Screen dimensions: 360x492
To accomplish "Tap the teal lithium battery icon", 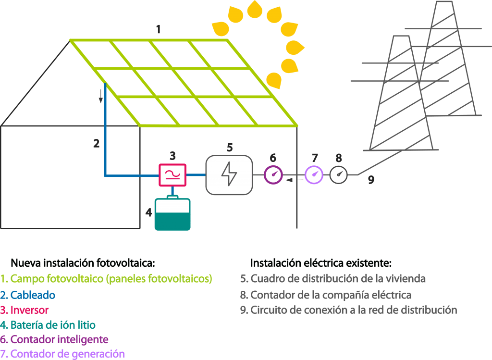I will click(x=172, y=214).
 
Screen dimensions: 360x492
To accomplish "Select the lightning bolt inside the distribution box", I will click(x=229, y=175).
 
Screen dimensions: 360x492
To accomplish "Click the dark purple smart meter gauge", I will click(x=273, y=174).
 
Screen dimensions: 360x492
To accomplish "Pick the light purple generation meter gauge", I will click(x=314, y=174).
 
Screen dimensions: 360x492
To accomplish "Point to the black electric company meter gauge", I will click(x=339, y=174).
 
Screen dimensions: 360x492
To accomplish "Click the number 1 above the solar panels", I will click(x=158, y=30).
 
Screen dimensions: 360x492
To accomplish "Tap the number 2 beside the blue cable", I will click(x=97, y=143).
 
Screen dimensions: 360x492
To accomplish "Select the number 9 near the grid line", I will click(x=371, y=180).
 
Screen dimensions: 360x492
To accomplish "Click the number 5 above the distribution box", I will click(x=230, y=147).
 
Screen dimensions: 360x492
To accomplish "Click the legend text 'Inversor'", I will click(x=29, y=310).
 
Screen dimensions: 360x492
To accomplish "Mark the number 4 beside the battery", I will click(x=149, y=211).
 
